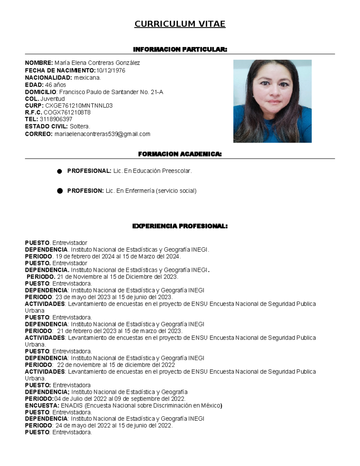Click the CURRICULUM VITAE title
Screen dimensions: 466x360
tap(180, 24)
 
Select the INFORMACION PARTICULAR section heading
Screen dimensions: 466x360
tap(180, 50)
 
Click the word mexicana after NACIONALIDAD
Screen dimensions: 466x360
tap(87, 78)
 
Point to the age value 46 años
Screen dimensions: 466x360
tap(55, 85)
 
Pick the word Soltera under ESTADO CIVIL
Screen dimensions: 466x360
tap(80, 126)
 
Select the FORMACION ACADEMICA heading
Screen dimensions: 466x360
tap(180, 154)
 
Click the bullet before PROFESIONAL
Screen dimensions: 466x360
tap(60, 171)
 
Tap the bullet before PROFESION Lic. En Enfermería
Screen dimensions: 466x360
tap(60, 191)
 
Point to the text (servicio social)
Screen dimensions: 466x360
tap(176, 191)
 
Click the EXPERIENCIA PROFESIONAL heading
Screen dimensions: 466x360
tap(180, 226)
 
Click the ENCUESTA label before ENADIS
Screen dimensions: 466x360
tap(42, 406)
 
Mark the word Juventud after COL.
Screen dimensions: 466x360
tap(52, 99)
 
